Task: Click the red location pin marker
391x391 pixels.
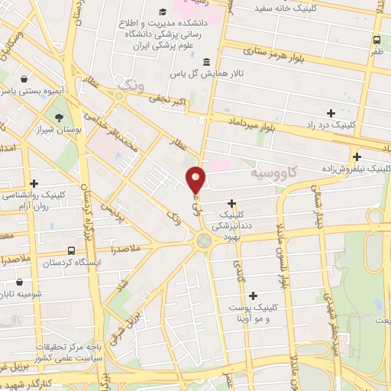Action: [196, 179]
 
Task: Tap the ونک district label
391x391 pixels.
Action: [128, 84]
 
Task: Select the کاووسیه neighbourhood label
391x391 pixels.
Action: [273, 173]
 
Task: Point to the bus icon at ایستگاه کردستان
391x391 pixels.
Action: [71, 250]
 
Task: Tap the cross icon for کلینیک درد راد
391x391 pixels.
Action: [330, 113]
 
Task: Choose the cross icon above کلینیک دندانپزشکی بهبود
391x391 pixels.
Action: [231, 203]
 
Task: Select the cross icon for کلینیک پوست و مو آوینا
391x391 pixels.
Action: [253, 295]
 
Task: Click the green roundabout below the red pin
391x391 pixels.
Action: [203, 242]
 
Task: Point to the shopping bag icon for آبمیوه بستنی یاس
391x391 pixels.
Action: [25, 78]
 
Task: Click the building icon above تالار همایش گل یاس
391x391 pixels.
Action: [206, 62]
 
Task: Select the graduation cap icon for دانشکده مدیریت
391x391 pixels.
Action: [163, 12]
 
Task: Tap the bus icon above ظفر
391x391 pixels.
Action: [376, 40]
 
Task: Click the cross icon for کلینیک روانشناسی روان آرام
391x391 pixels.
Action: [34, 183]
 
